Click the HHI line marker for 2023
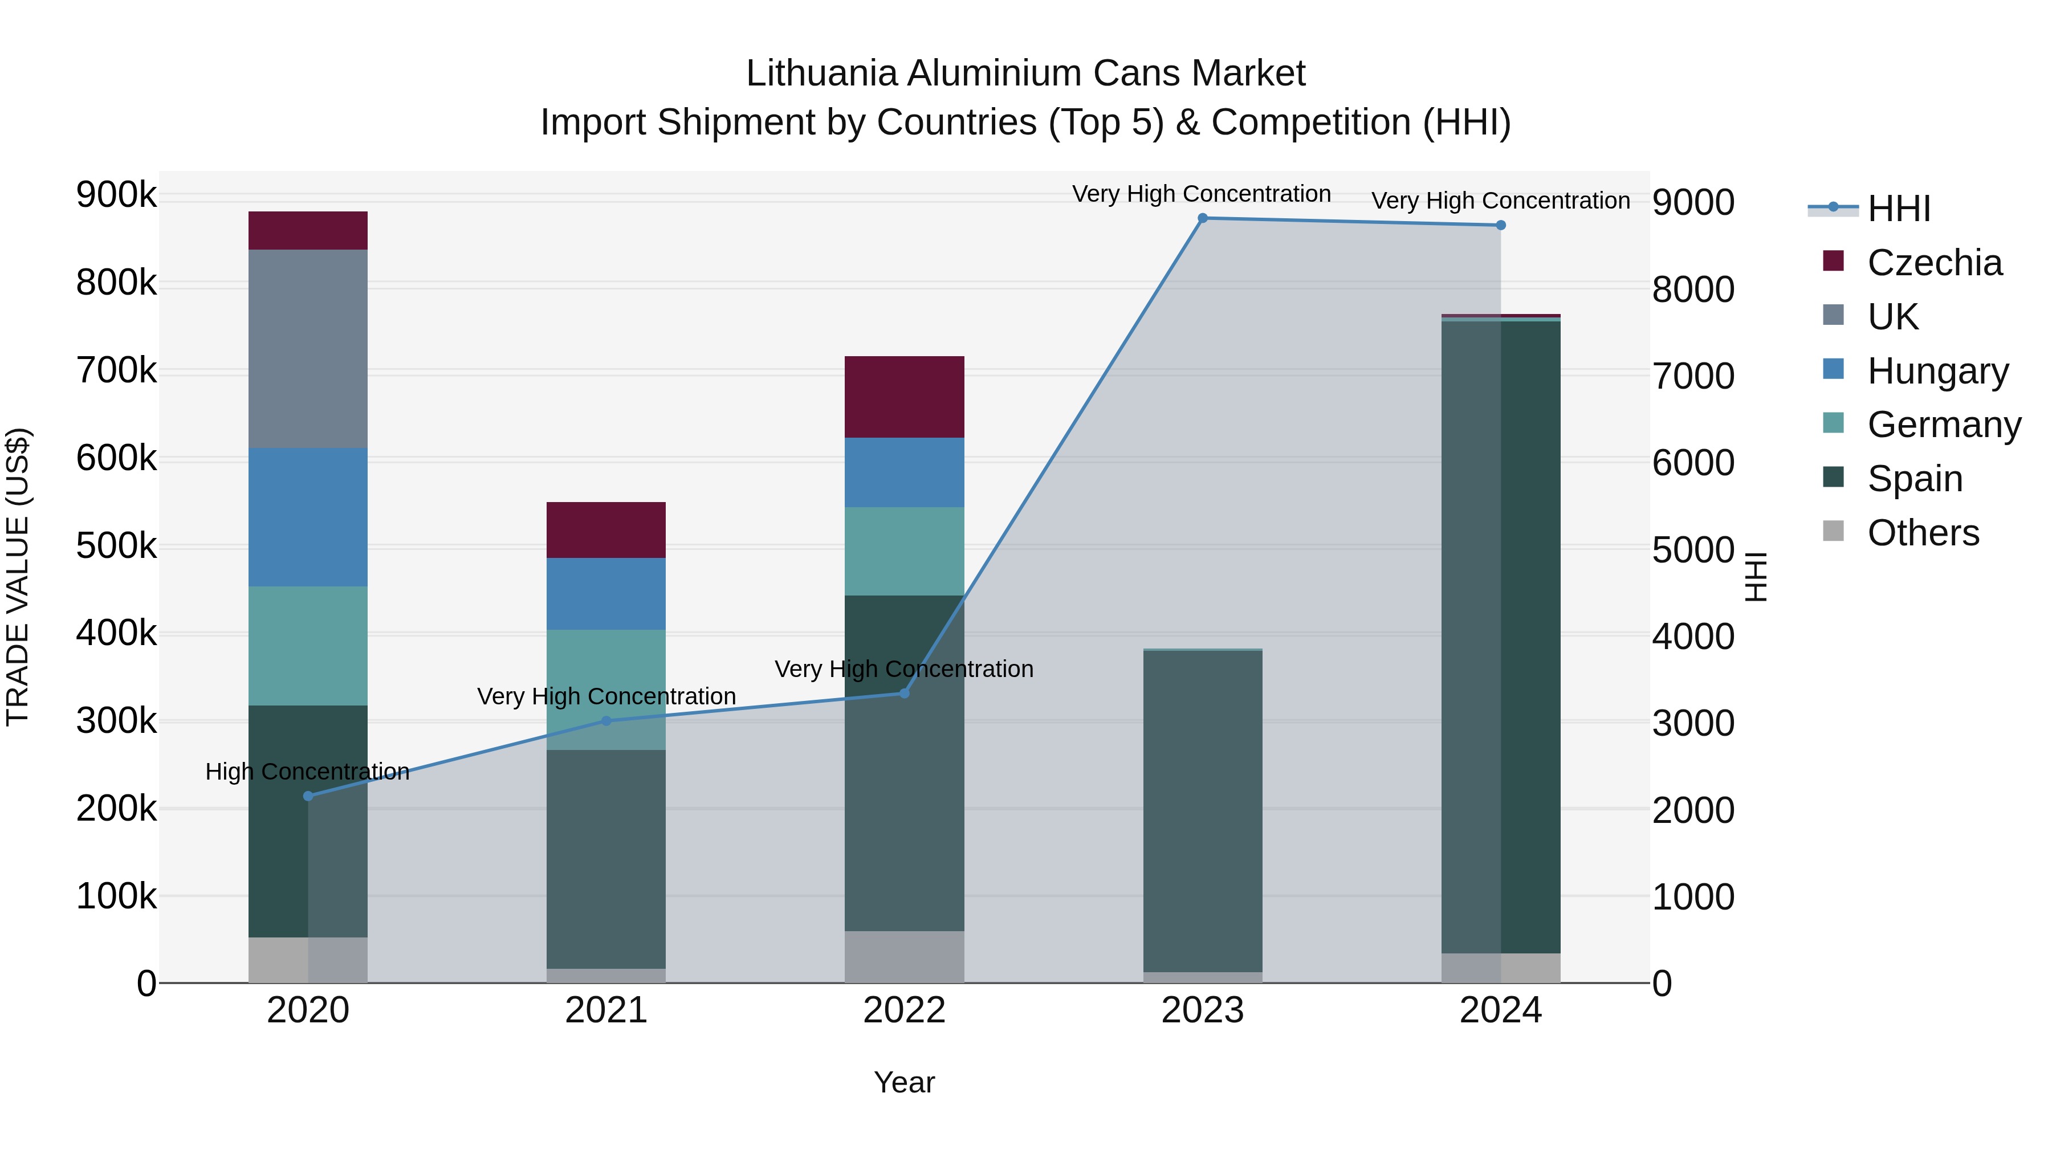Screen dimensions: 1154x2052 (x=1202, y=218)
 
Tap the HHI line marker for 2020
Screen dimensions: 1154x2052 (x=308, y=796)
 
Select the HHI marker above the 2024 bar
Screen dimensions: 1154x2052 (x=1501, y=225)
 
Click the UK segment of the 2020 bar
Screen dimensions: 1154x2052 (x=308, y=349)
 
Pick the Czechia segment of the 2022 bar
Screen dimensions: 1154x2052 (x=904, y=397)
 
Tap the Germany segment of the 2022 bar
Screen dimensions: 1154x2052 (x=904, y=551)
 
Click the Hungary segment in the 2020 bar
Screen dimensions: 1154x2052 (x=308, y=517)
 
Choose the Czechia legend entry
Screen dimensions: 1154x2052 (x=1934, y=263)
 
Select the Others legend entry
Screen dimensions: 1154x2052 (x=1923, y=533)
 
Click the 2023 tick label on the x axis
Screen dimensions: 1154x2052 (x=1202, y=1010)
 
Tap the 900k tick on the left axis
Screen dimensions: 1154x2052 (x=116, y=195)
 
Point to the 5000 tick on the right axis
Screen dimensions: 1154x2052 (x=1693, y=551)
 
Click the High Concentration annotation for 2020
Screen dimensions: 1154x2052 (x=307, y=772)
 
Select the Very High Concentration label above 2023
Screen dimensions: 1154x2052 (x=1201, y=194)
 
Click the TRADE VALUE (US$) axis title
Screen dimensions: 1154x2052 (x=18, y=577)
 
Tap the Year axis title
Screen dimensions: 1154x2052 (x=904, y=1082)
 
